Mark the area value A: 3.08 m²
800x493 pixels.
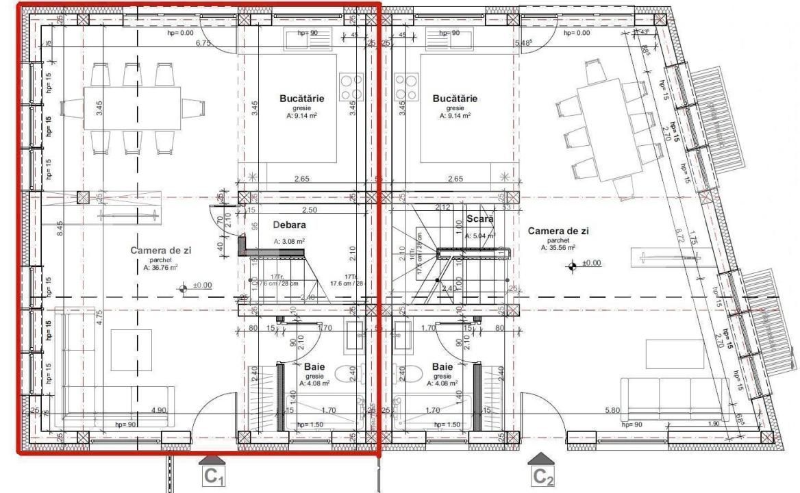[x=289, y=242]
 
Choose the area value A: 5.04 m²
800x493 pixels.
[x=479, y=236]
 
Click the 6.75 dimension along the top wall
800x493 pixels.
[x=203, y=44]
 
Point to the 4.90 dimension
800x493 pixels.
[x=160, y=410]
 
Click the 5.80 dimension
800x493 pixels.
[x=614, y=410]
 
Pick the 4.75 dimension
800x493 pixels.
[x=99, y=317]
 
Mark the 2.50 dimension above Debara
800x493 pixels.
[x=310, y=210]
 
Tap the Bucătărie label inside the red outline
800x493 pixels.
[x=302, y=99]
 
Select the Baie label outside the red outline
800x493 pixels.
[x=442, y=366]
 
